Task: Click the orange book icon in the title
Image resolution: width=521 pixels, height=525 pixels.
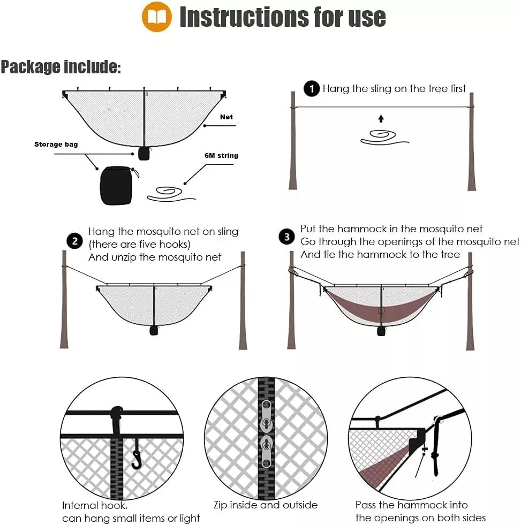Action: [156, 17]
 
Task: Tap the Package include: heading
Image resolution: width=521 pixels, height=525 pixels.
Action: [61, 67]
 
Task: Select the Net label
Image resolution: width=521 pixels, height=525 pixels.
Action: [226, 117]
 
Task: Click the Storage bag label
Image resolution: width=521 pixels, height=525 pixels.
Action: [56, 144]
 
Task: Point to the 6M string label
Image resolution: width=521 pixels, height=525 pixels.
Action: [221, 155]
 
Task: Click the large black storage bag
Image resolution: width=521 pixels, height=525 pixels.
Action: [117, 185]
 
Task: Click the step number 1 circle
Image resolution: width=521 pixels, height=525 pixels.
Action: [312, 89]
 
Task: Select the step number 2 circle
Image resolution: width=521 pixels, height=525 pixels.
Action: [75, 241]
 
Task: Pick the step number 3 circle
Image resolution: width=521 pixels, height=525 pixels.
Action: [287, 237]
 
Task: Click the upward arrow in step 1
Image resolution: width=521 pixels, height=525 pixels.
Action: [381, 118]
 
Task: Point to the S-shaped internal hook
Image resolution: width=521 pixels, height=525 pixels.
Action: [137, 454]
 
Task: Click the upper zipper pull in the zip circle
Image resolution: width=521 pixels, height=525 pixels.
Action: [266, 415]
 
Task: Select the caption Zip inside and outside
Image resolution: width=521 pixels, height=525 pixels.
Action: [266, 505]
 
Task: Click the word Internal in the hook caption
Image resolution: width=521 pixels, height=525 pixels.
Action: [80, 506]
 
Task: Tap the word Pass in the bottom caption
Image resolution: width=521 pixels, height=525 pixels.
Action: [366, 505]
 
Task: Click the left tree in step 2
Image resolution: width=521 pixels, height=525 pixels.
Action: [64, 300]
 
